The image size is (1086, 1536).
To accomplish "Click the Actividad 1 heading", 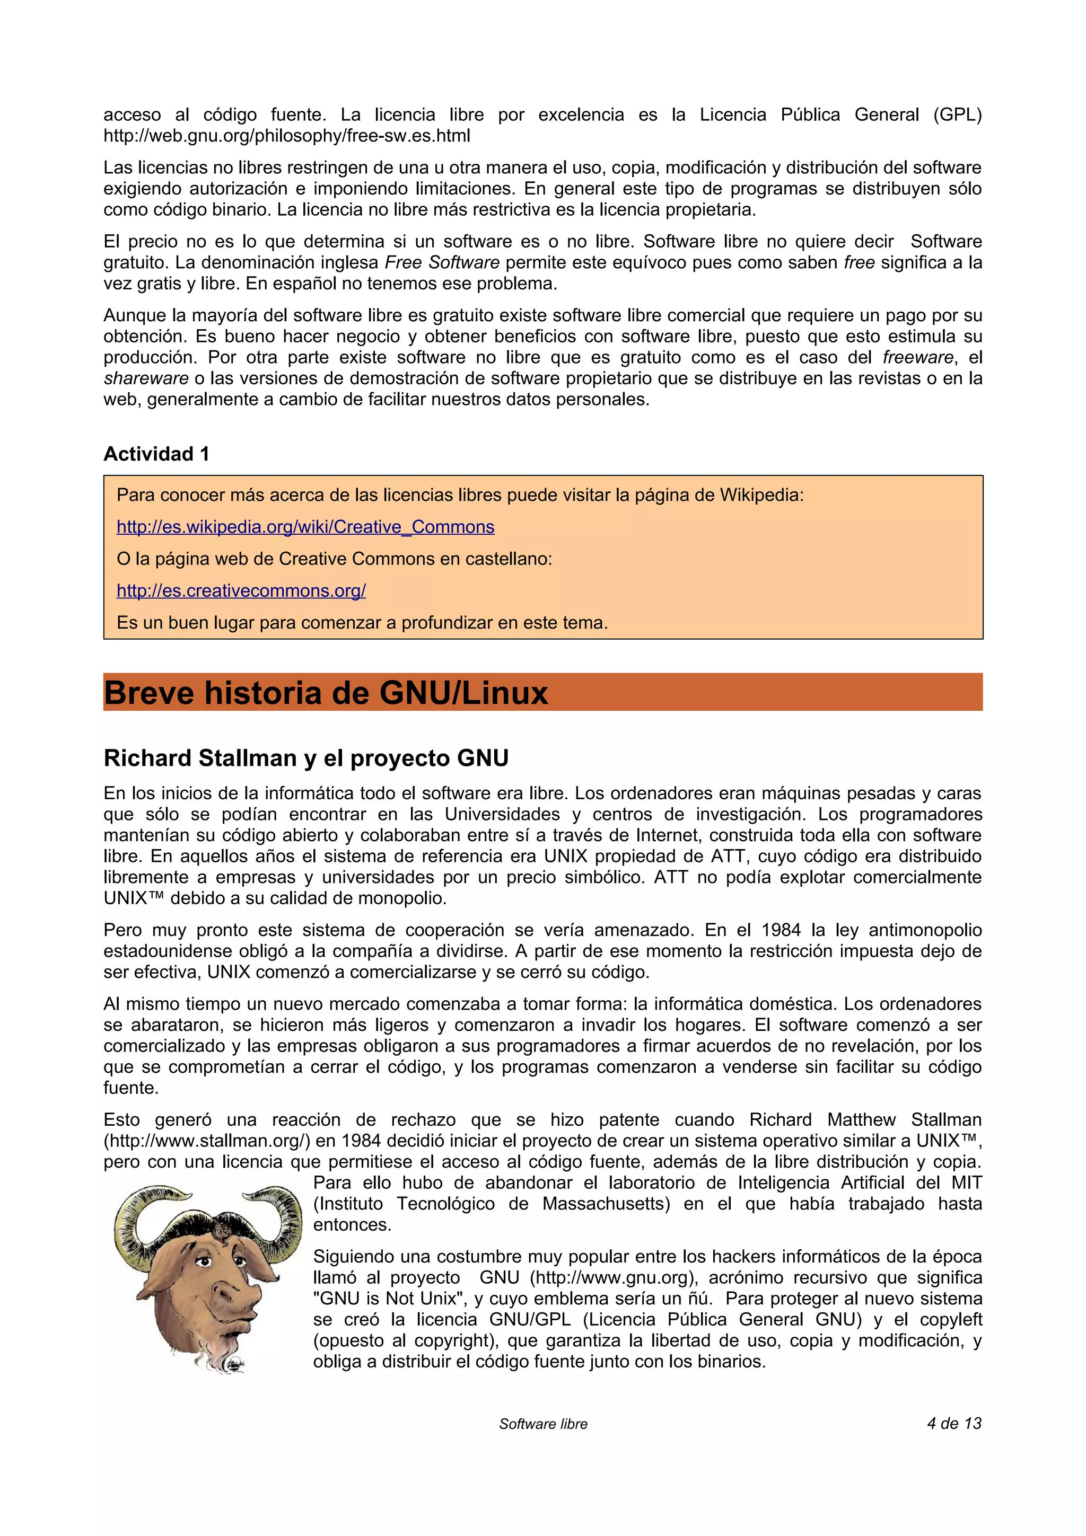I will pyautogui.click(x=156, y=454).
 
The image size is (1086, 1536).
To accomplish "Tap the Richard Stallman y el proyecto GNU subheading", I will pyautogui.click(x=306, y=758).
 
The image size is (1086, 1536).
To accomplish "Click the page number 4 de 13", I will pyautogui.click(x=953, y=1423).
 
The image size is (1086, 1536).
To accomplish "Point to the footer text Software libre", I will pyautogui.click(x=542, y=1424).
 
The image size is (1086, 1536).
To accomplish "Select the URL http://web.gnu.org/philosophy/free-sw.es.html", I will pyautogui.click(x=286, y=136).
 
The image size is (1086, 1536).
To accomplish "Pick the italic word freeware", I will pyautogui.click(x=917, y=357).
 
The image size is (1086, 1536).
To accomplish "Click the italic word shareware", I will pyautogui.click(x=146, y=378).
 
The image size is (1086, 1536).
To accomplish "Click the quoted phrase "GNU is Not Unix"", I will pyautogui.click(x=390, y=1299).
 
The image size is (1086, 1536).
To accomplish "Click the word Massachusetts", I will pyautogui.click(x=606, y=1204).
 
